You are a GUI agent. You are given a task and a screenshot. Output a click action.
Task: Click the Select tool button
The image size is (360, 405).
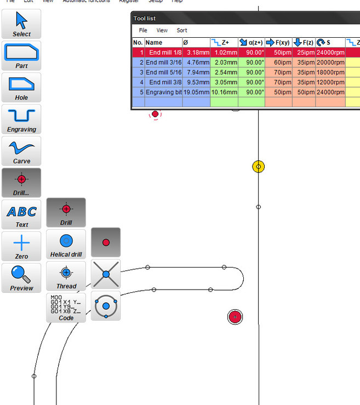click(x=21, y=24)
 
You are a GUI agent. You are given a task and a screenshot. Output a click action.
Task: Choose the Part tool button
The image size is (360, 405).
click(x=21, y=56)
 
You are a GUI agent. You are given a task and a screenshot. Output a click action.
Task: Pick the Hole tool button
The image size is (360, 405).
click(x=21, y=88)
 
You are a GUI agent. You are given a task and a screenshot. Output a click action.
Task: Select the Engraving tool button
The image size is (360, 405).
click(x=21, y=119)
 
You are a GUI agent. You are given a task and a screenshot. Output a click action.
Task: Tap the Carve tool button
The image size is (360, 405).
click(x=21, y=151)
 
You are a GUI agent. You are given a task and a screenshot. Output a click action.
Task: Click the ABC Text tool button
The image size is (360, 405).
click(x=21, y=215)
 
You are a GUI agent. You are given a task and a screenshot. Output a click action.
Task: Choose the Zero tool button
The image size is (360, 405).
click(x=21, y=246)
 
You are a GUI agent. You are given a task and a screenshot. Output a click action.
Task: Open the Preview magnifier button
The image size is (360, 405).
click(x=21, y=278)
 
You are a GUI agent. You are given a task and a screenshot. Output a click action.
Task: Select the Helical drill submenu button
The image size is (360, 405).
click(x=66, y=244)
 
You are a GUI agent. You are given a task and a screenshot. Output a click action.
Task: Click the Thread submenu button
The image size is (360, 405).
click(x=66, y=276)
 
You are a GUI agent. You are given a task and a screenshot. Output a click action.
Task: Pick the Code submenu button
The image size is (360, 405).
click(x=66, y=308)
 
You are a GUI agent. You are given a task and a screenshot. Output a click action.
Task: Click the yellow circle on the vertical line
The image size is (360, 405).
click(x=259, y=166)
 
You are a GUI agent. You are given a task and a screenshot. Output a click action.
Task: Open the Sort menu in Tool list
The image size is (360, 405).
click(x=182, y=31)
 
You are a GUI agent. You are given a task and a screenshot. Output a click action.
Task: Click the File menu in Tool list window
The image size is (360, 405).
click(x=143, y=31)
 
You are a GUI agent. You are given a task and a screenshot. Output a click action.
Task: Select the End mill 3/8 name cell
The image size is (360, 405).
click(x=163, y=82)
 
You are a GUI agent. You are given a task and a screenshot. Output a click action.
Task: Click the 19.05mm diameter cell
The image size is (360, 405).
click(x=196, y=92)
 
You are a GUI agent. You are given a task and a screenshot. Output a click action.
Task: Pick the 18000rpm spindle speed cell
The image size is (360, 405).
click(x=330, y=72)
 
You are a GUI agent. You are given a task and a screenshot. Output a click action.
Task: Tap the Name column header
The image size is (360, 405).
click(x=163, y=43)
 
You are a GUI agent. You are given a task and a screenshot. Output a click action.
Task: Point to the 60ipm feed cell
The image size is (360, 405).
click(x=278, y=62)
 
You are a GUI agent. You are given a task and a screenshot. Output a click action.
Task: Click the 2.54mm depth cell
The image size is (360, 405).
click(x=225, y=72)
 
